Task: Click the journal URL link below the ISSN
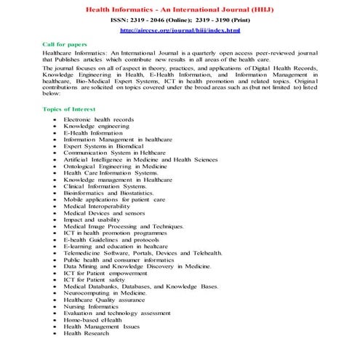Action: click(180, 31)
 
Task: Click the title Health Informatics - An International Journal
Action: click(180, 7)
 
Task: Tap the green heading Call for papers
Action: click(65, 44)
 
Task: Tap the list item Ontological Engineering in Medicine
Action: click(115, 166)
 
